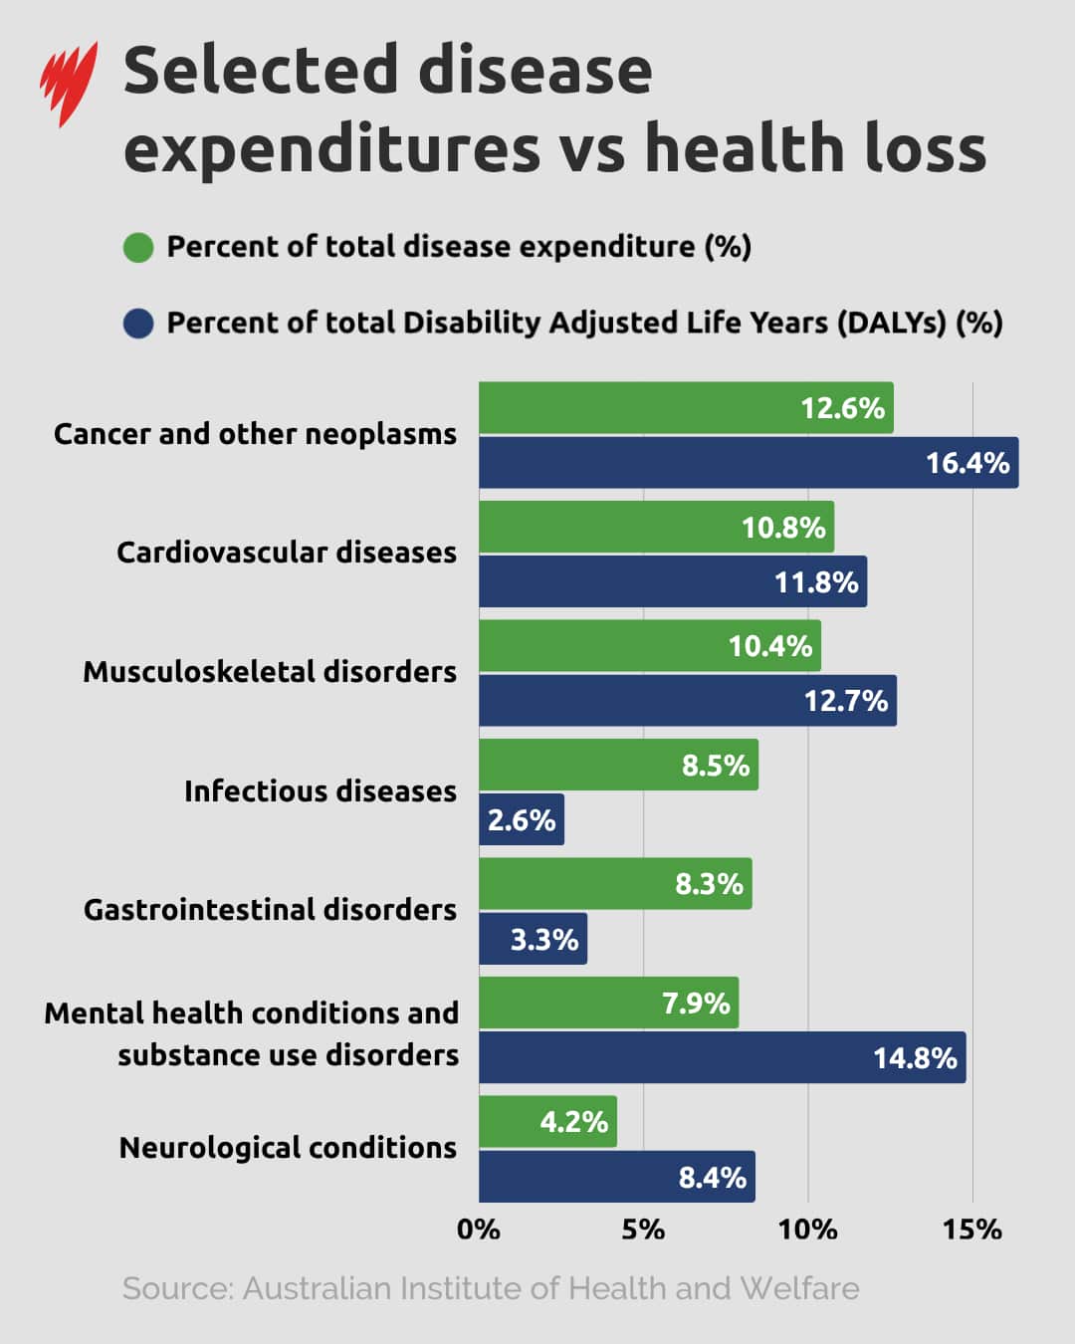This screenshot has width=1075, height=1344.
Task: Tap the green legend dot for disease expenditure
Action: tap(138, 247)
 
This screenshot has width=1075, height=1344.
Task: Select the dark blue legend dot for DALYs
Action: tap(138, 324)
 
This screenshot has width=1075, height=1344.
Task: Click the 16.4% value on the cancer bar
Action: tap(967, 463)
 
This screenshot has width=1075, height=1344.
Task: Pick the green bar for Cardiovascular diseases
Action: tap(656, 527)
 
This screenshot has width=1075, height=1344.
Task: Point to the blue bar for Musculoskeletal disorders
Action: tap(687, 701)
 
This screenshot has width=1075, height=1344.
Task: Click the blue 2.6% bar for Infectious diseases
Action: tap(521, 819)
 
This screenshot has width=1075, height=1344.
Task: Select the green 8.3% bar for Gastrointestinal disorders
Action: tap(615, 884)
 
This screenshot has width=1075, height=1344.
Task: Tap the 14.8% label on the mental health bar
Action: tap(914, 1057)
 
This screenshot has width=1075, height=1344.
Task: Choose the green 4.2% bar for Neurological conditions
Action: tap(547, 1122)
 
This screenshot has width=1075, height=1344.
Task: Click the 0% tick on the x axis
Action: tap(478, 1230)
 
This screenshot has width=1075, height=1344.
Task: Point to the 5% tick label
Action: tap(643, 1230)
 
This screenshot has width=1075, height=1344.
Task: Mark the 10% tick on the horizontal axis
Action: tap(807, 1230)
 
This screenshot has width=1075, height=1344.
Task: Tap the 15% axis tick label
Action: tap(971, 1230)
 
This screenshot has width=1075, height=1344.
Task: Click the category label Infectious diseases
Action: tap(320, 791)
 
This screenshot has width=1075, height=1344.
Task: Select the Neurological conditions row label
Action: tap(288, 1148)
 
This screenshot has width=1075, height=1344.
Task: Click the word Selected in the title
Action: tap(262, 72)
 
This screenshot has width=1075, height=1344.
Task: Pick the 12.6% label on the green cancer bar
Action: tap(842, 408)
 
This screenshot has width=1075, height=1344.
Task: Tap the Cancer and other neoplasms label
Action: tap(255, 434)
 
